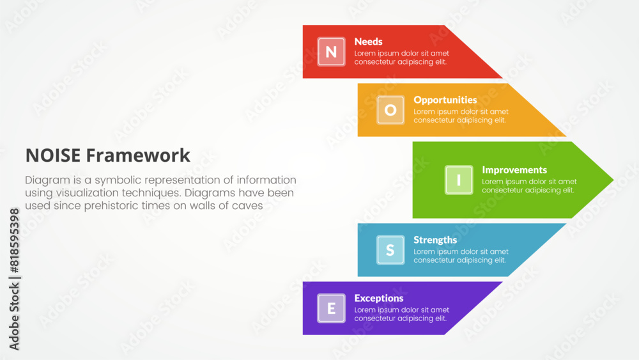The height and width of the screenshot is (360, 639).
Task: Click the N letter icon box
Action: tap(331, 52)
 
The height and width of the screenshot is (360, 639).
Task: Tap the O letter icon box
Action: tap(390, 110)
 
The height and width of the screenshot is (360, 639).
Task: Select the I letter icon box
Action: tap(459, 180)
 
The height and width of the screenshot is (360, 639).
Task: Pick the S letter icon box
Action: tap(390, 250)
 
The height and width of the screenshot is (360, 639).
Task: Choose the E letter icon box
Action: tap(331, 308)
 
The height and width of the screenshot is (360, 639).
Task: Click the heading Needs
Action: tap(369, 42)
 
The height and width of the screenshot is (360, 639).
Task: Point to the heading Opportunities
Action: tap(445, 100)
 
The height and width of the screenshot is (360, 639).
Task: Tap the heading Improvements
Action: tap(514, 170)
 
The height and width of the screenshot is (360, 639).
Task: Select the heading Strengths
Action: tap(435, 240)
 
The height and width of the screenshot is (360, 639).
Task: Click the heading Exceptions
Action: tap(379, 299)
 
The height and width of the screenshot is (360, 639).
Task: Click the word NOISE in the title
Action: tap(53, 155)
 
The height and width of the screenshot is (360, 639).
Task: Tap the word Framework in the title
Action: tap(138, 155)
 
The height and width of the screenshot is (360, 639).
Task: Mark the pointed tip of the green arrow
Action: tap(613, 180)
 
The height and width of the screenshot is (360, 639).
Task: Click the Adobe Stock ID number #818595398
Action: tap(14, 240)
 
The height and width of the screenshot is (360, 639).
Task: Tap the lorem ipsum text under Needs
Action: tap(401, 58)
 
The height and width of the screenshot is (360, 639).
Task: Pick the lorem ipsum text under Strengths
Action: tap(461, 256)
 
